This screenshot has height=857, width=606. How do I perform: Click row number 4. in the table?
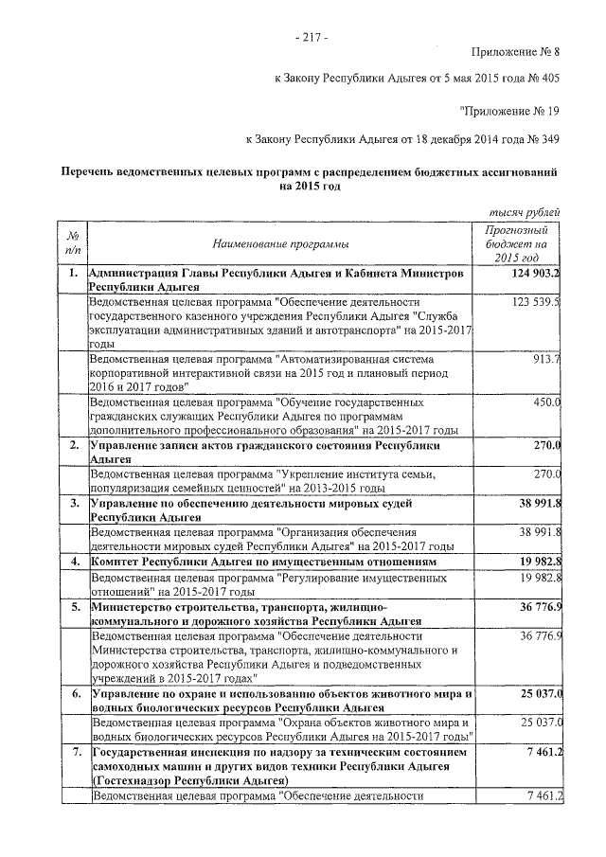point(72,562)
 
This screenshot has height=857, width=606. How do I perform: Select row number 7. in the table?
point(72,751)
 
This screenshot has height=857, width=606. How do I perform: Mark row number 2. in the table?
point(72,445)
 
